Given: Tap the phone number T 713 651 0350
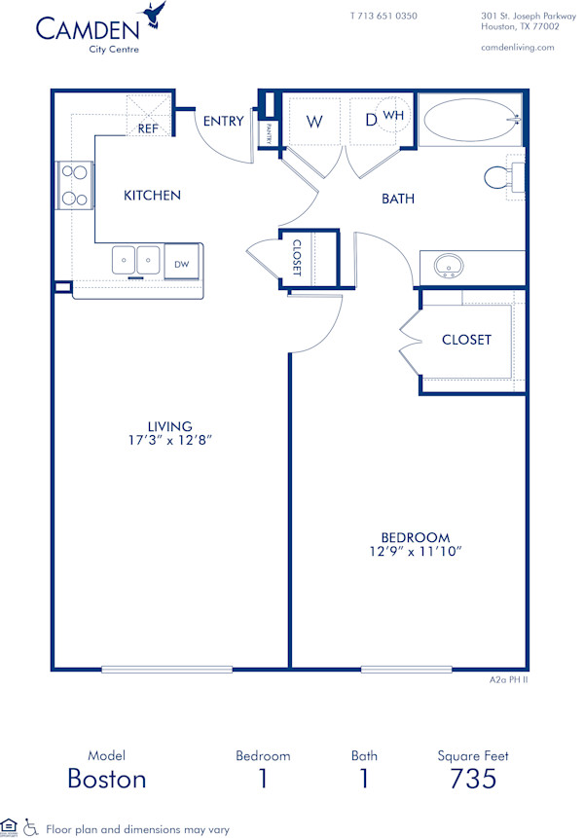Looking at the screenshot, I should click(383, 17).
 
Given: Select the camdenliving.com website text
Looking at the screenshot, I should click(518, 47).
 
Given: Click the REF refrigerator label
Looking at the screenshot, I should click(148, 128).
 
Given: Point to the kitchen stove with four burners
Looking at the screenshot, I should click(74, 185).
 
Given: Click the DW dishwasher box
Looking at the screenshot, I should click(182, 264).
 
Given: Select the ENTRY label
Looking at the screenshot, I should click(223, 121).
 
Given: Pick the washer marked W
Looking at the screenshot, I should click(314, 122).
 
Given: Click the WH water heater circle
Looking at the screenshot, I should click(393, 115).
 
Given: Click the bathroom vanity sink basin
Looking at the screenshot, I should click(449, 264).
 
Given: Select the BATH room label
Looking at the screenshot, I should click(397, 199).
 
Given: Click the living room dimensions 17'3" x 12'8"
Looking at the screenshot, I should click(169, 440).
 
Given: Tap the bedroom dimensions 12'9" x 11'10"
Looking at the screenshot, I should click(415, 552).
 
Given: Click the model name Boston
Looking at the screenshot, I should click(107, 779).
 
